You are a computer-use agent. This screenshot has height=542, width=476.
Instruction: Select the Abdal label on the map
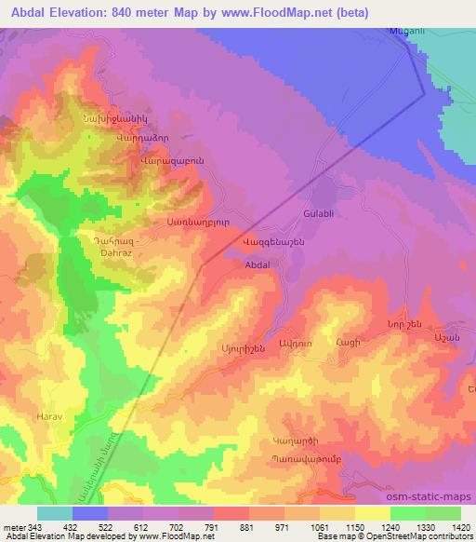click(257, 265)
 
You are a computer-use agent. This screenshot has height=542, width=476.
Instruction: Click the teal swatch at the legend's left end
click(54, 513)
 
